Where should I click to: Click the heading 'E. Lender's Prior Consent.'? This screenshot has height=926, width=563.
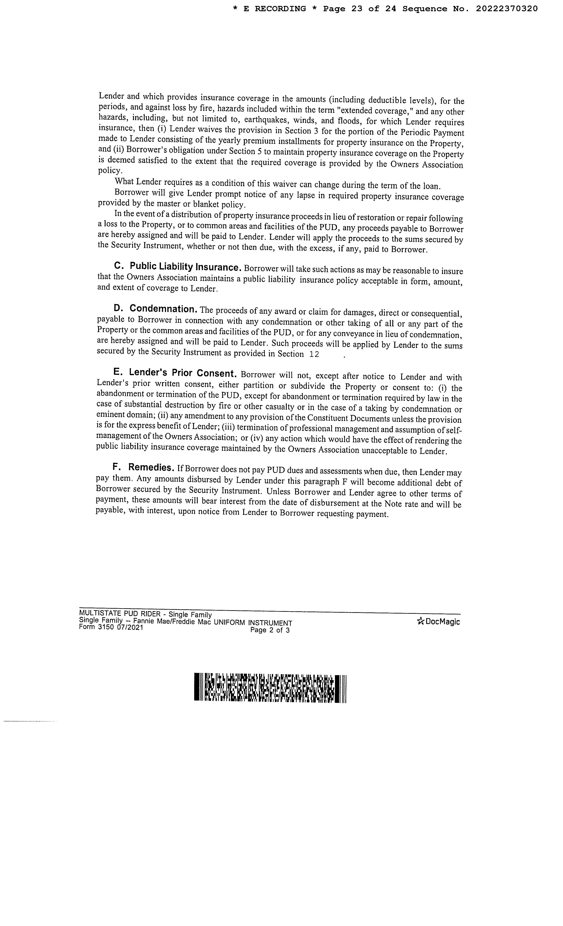[x=175, y=373]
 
